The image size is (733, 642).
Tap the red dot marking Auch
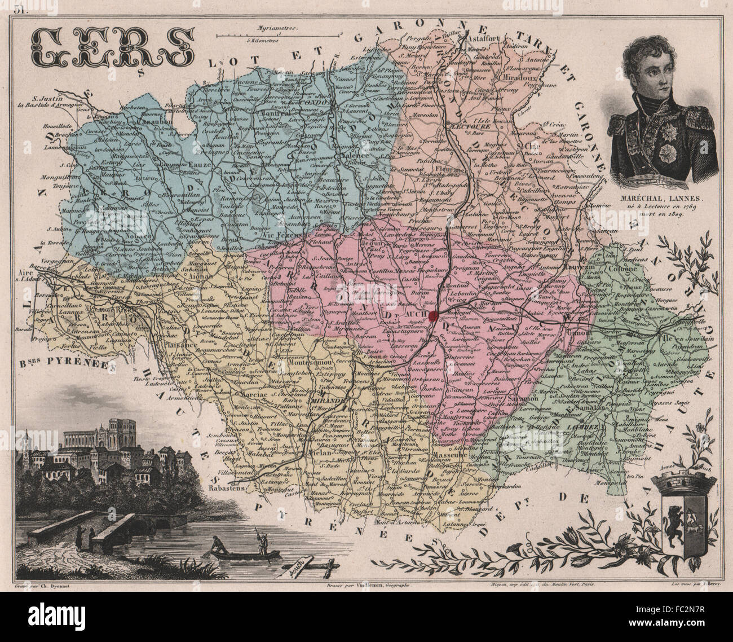click(x=433, y=314)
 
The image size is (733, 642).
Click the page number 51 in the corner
click(x=21, y=8)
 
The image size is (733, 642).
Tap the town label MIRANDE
click(x=326, y=402)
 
